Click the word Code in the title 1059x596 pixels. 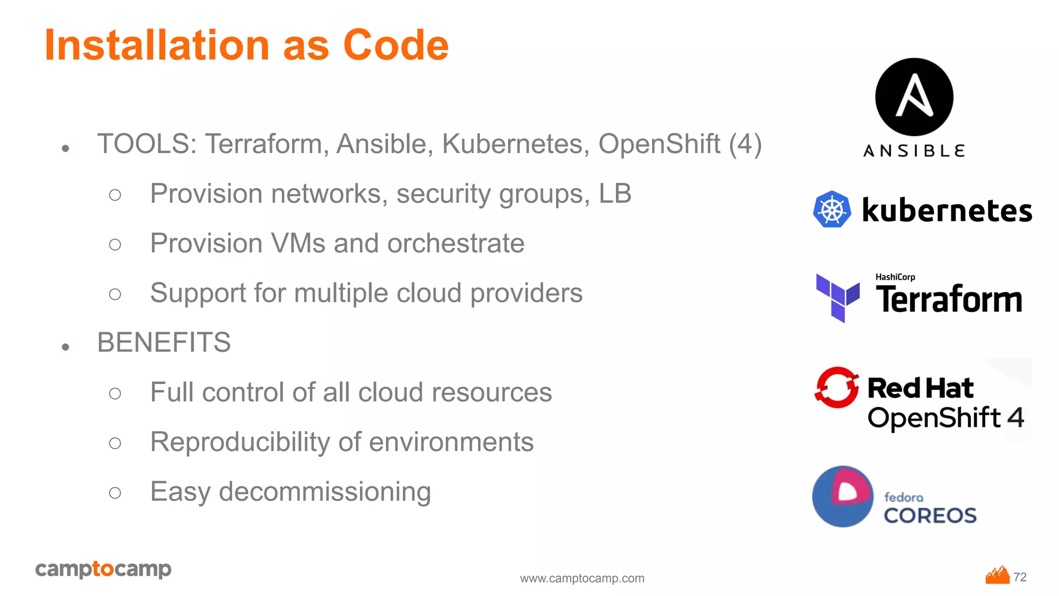(396, 46)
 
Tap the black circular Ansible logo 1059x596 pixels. (914, 97)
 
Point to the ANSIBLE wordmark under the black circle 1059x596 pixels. (914, 151)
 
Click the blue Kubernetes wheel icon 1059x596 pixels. (832, 210)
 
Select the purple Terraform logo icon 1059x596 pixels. (838, 298)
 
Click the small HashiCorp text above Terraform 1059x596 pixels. (895, 277)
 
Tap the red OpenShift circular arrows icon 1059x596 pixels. (836, 388)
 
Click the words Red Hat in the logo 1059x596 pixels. (920, 388)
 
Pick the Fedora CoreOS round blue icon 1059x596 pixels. (842, 497)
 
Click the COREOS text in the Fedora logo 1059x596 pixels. (930, 515)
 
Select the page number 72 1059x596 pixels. (1020, 577)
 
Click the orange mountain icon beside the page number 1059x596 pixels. (997, 575)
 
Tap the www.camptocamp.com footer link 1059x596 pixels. (582, 578)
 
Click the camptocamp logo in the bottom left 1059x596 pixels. (103, 569)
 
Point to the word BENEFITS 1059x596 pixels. (164, 342)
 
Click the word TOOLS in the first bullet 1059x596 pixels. (144, 144)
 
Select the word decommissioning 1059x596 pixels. (325, 491)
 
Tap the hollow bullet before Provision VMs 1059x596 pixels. (115, 244)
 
